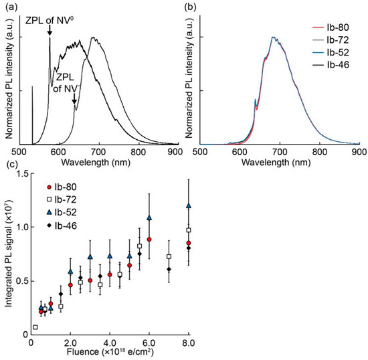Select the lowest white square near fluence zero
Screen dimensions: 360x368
[x=35, y=327]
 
